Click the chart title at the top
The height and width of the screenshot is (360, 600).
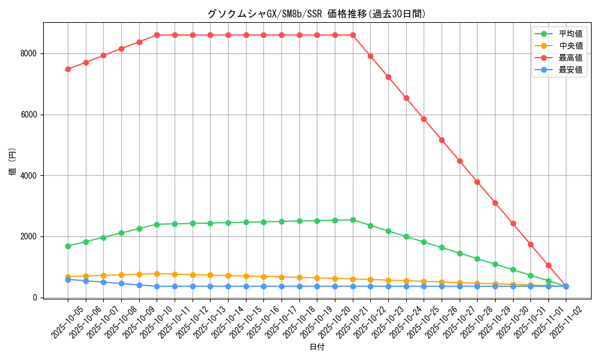(316, 14)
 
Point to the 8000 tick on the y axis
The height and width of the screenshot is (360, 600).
(28, 53)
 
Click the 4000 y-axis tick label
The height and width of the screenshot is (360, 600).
(28, 176)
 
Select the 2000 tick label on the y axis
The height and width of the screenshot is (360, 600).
(28, 236)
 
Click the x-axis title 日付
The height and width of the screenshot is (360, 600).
(316, 347)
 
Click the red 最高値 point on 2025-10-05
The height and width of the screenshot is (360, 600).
(68, 69)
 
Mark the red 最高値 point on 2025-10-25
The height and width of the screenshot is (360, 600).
(424, 119)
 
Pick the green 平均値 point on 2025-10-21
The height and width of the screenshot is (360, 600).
(353, 220)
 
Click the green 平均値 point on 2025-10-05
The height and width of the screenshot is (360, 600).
(68, 246)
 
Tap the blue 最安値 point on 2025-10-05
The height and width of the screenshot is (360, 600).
(68, 280)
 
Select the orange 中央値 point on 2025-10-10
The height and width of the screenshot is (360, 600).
(157, 274)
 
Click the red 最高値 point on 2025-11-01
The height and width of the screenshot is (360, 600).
(548, 265)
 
